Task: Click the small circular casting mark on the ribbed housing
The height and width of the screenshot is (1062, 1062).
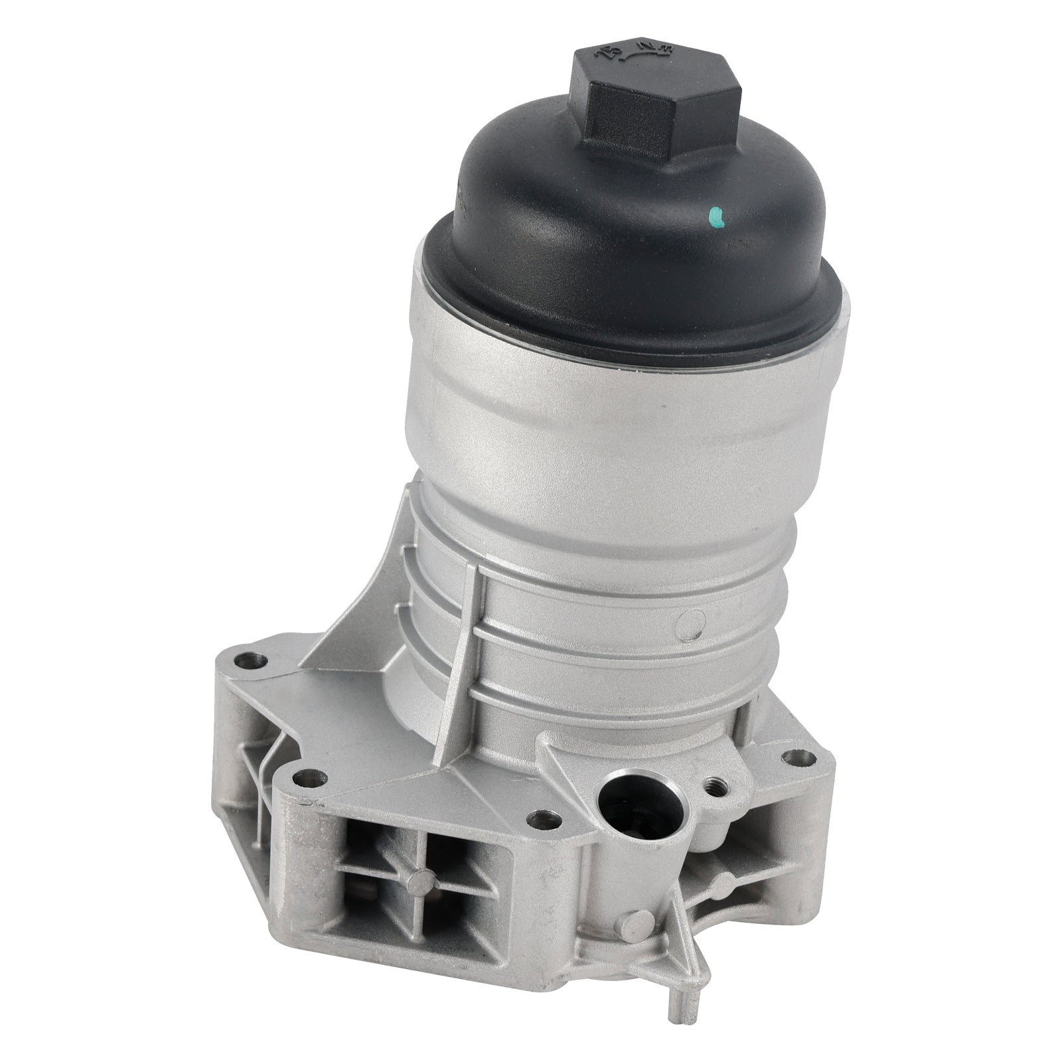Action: pos(690,625)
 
